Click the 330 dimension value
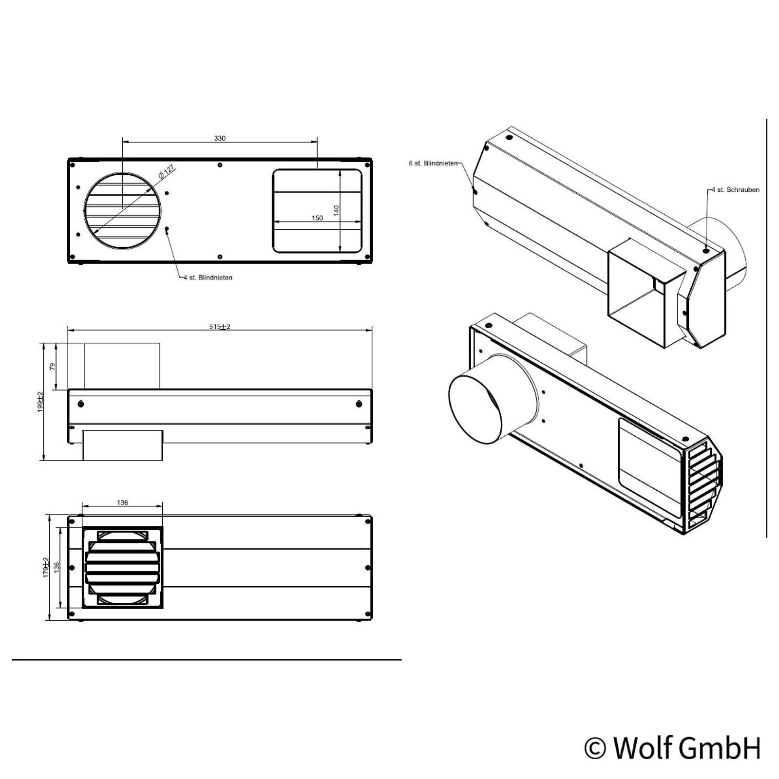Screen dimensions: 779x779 pos(220,138)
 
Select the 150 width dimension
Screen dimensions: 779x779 pos(317,218)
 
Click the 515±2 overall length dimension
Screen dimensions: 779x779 pos(220,327)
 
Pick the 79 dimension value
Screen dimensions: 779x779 pos(53,366)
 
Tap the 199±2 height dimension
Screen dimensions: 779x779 pos(40,402)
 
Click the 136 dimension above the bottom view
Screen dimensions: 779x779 pos(123,502)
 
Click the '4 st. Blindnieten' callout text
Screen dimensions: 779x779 pos(208,278)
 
